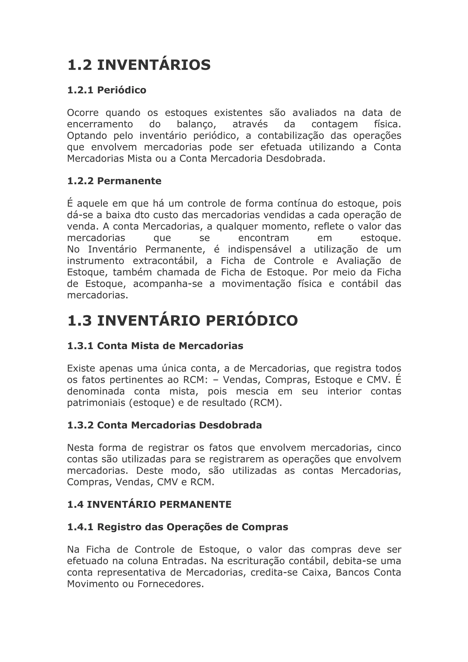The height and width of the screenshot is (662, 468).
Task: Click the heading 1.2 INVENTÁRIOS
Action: (139, 65)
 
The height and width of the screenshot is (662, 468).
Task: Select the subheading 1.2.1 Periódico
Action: (107, 90)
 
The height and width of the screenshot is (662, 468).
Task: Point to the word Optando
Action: (87, 136)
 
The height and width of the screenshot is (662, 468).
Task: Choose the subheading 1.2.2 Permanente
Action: (114, 181)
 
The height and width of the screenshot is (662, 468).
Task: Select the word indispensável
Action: (260, 249)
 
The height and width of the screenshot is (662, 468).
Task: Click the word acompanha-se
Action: (168, 284)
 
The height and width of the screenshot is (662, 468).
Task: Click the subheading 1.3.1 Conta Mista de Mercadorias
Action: (155, 346)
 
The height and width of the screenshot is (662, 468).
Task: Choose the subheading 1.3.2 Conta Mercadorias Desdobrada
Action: (164, 425)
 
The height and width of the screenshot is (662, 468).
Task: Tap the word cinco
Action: (389, 448)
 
